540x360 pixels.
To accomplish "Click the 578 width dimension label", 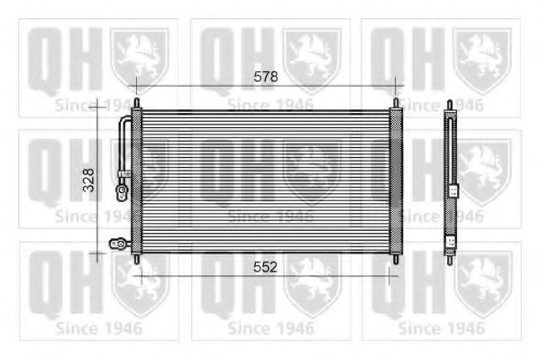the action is tap(266, 77).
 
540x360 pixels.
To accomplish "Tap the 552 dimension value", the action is tap(265, 267).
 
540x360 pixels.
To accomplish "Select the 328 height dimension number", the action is tap(89, 180).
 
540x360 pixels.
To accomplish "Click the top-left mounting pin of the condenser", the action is tap(137, 103).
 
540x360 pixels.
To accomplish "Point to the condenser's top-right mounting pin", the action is tap(396, 103).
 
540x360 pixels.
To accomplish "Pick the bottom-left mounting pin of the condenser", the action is tap(137, 259).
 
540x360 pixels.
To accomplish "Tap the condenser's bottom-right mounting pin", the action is tap(396, 259).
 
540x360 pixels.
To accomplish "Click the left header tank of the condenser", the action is tap(136, 181).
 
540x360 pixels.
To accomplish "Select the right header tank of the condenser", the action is tap(396, 181).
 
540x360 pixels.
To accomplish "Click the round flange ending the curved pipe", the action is tap(122, 193).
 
